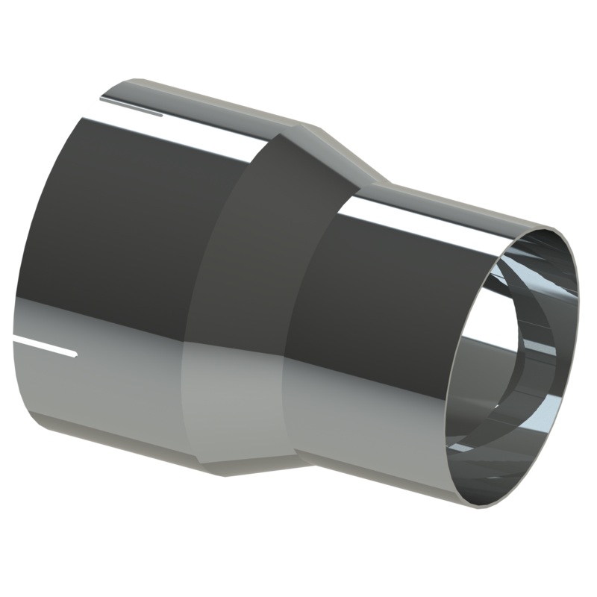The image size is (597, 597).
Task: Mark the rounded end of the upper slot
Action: (162, 113)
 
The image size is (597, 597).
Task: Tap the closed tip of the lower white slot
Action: (75, 351)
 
